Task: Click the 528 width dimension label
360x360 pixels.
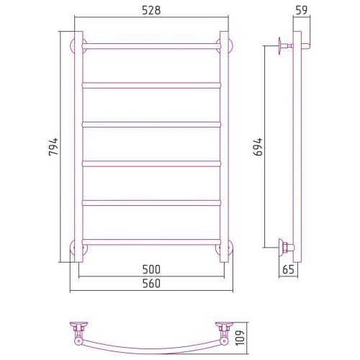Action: tap(151, 11)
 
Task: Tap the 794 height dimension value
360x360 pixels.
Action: tap(53, 147)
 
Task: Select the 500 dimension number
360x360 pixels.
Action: tap(151, 269)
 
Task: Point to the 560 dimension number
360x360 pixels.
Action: tap(151, 284)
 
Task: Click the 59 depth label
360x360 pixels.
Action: tap(302, 10)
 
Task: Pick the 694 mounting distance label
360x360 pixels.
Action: tap(258, 147)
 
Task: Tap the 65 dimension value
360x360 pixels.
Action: tap(288, 269)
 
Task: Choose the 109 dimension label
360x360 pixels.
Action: tap(240, 338)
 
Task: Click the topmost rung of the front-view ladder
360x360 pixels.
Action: tap(151, 46)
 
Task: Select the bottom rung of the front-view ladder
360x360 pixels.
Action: tap(151, 242)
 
